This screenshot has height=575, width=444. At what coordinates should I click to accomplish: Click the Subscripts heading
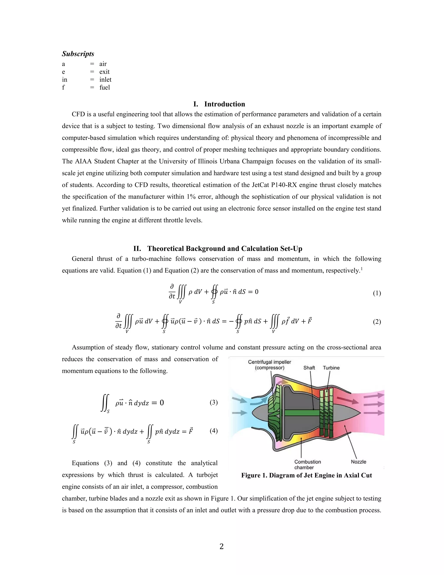tap(78, 54)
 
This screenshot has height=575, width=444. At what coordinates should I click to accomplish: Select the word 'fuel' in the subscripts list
tap(104, 87)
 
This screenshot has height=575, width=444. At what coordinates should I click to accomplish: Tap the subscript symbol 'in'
tap(64, 79)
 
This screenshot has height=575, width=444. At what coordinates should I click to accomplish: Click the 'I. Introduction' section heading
tap(219, 104)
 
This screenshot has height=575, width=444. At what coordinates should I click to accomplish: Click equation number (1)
tap(377, 293)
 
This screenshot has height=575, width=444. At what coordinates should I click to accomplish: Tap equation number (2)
tap(377, 322)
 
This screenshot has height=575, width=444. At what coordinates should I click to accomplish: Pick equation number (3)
tap(214, 402)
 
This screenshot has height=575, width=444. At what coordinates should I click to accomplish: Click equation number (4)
tap(214, 431)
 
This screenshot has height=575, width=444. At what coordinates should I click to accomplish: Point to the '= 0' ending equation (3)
tap(158, 403)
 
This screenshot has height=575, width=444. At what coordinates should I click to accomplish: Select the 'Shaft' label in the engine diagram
tap(309, 368)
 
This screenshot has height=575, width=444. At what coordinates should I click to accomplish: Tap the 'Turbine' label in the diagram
tap(331, 368)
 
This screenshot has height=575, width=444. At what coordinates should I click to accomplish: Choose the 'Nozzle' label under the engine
tap(358, 462)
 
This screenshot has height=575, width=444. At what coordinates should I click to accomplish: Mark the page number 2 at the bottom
tap(222, 547)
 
